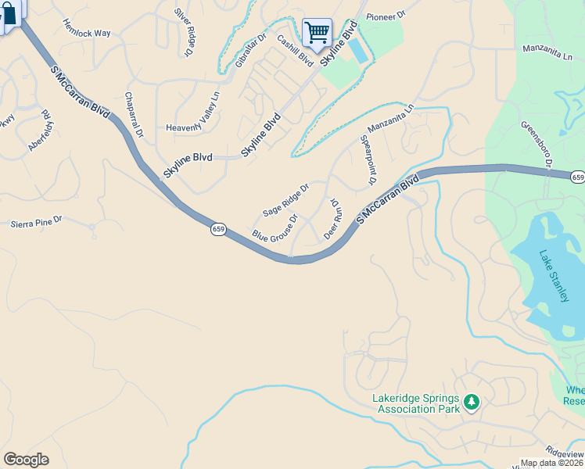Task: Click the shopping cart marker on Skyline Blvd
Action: point(317,33)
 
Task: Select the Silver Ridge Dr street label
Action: point(183,31)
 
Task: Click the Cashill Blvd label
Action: point(295,54)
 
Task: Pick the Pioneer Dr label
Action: point(386,15)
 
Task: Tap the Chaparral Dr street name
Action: point(134,115)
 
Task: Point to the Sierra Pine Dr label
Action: point(36,223)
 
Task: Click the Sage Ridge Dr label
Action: point(286,200)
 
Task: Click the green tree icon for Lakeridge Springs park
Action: point(471,402)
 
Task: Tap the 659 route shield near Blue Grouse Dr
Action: point(218,229)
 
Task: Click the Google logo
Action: point(26,460)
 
